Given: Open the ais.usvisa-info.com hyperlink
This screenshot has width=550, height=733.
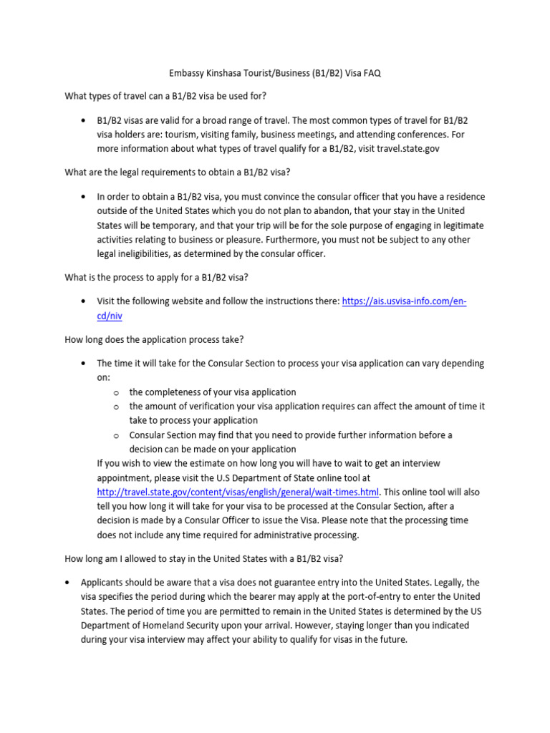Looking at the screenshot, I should pyautogui.click(x=404, y=301).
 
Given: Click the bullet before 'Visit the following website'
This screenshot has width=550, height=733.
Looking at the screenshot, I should pyautogui.click(x=85, y=301).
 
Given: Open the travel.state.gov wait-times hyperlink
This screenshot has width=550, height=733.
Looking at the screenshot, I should pyautogui.click(x=237, y=492).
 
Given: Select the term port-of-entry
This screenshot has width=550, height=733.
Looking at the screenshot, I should pyautogui.click(x=343, y=596).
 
